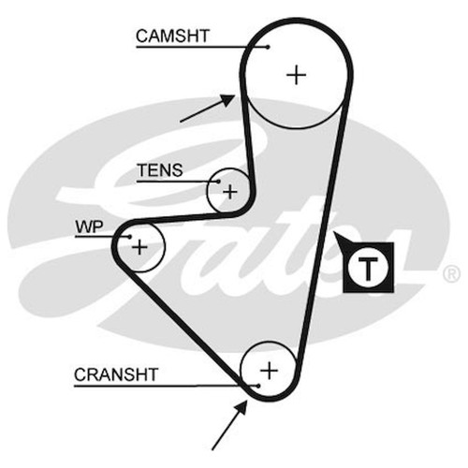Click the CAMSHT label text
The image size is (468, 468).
pos(172,36)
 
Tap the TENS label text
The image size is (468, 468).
pos(160,170)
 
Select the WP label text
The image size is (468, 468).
pos(89,227)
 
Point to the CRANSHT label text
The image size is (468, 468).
pos(116,374)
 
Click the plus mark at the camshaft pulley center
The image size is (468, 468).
pos(296,75)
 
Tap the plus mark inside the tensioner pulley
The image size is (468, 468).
pos(230,192)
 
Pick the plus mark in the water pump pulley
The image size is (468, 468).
pos(139,247)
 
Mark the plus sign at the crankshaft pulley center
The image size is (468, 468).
pos(269,371)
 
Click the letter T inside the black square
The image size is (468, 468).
pos(368,269)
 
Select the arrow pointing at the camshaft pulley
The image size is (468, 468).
pos(208,109)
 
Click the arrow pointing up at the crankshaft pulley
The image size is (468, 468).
pos(229,426)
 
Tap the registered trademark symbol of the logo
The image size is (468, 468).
pos(451,274)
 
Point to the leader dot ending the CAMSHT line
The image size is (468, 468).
pos(268,47)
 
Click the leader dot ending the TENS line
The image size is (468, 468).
pos(218,182)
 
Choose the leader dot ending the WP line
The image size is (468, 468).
pos(130,237)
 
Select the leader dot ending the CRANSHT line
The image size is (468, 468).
pos(258,387)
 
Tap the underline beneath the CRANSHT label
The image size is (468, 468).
pos(166,387)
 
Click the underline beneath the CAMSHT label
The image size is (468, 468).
pos(202,47)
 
